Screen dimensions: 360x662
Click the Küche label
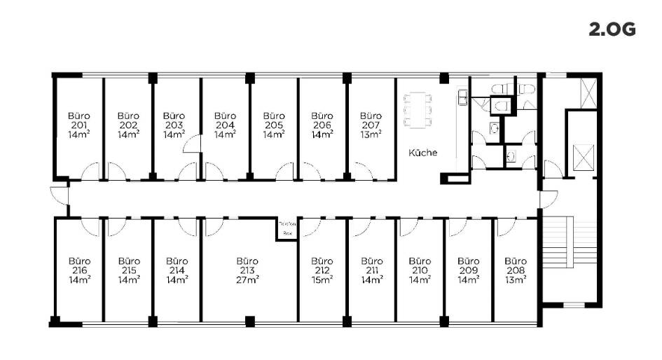click(x=424, y=151)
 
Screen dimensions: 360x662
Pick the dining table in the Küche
click(x=418, y=110)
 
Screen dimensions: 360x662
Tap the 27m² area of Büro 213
click(x=247, y=279)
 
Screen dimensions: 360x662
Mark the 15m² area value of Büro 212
click(x=322, y=279)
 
